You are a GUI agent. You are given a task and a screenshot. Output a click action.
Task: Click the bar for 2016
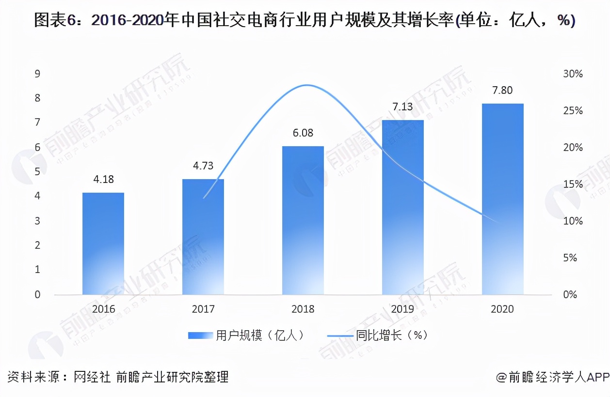tap(103, 244)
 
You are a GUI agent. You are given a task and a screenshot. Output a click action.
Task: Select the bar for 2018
tap(303, 220)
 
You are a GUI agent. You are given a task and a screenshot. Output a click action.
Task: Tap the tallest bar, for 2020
tap(503, 199)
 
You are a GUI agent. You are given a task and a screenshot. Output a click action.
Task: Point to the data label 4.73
tap(203, 166)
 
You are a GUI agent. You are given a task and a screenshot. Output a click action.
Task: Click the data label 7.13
tap(403, 107)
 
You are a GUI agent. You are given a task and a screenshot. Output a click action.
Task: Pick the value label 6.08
tap(303, 133)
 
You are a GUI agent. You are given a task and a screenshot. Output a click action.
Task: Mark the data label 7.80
tap(502, 91)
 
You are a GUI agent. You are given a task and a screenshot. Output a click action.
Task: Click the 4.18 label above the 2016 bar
tap(103, 180)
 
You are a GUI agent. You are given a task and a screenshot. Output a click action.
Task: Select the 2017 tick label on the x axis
tap(203, 309)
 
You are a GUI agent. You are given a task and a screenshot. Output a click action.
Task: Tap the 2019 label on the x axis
tap(403, 309)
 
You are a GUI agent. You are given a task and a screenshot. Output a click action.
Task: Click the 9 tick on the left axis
tap(37, 74)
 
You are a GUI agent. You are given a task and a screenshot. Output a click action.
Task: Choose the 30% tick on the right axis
tap(573, 74)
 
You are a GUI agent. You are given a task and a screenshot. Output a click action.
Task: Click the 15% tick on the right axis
tap(573, 184)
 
